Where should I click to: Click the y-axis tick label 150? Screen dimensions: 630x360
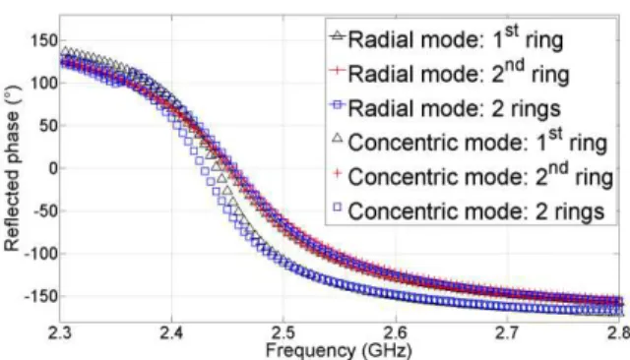point(44,40)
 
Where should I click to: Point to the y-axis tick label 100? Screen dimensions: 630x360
point(44,83)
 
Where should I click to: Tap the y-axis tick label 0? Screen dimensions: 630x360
point(53,168)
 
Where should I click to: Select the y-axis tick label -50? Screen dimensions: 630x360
point(44,210)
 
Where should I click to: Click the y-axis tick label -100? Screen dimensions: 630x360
point(41,254)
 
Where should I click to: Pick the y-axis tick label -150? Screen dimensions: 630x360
point(41,297)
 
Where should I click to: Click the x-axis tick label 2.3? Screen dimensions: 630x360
point(60,333)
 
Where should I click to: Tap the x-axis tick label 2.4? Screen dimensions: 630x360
point(172,333)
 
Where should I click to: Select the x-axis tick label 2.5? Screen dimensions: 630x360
point(283,333)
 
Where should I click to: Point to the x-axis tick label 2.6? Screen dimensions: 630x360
point(396,333)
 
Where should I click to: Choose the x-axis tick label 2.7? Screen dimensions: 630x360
point(508,333)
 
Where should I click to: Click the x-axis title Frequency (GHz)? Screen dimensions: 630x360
point(339,350)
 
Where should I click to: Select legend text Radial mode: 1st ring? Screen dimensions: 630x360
point(455,38)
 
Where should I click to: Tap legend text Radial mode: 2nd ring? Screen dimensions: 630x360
point(459,73)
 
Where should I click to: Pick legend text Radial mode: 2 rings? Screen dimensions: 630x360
point(454,108)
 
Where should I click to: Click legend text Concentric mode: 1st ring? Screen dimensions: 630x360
point(477,142)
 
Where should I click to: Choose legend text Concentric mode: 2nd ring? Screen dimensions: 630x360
point(480,176)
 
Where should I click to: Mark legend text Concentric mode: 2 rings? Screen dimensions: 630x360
point(476,211)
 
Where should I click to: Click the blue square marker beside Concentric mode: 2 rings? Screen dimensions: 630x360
point(338,208)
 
